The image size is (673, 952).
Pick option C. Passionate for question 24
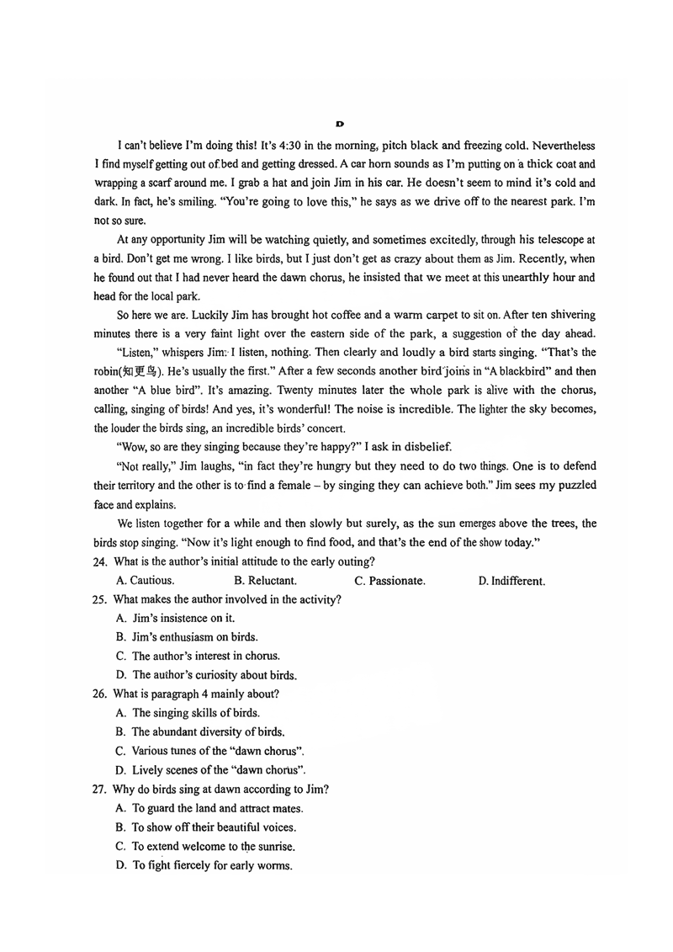click(x=389, y=581)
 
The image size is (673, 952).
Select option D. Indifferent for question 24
click(x=511, y=581)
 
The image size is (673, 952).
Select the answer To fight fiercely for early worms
click(x=204, y=865)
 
